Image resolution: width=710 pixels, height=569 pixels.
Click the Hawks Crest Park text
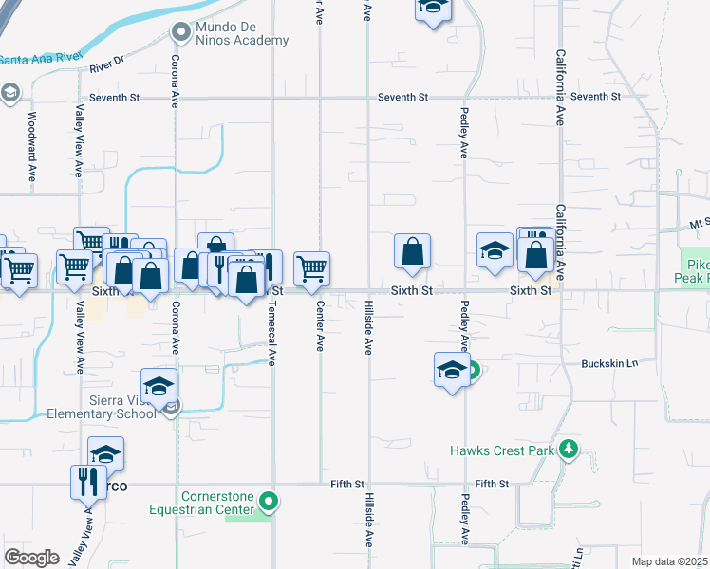click(x=501, y=450)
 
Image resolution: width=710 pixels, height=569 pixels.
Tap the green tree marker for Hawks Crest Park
click(x=569, y=449)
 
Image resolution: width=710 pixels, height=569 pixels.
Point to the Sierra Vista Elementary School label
click(x=103, y=406)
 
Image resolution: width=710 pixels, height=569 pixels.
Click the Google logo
click(x=32, y=557)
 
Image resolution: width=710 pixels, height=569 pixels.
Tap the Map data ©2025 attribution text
click(x=668, y=561)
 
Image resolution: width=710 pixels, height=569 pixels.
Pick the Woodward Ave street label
click(x=32, y=148)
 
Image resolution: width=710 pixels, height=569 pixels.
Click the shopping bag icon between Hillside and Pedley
click(x=413, y=252)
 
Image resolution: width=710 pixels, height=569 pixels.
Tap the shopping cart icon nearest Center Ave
click(x=311, y=269)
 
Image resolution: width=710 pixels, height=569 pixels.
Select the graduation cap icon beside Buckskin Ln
click(x=452, y=370)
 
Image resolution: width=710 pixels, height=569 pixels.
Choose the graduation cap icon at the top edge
click(x=433, y=8)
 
